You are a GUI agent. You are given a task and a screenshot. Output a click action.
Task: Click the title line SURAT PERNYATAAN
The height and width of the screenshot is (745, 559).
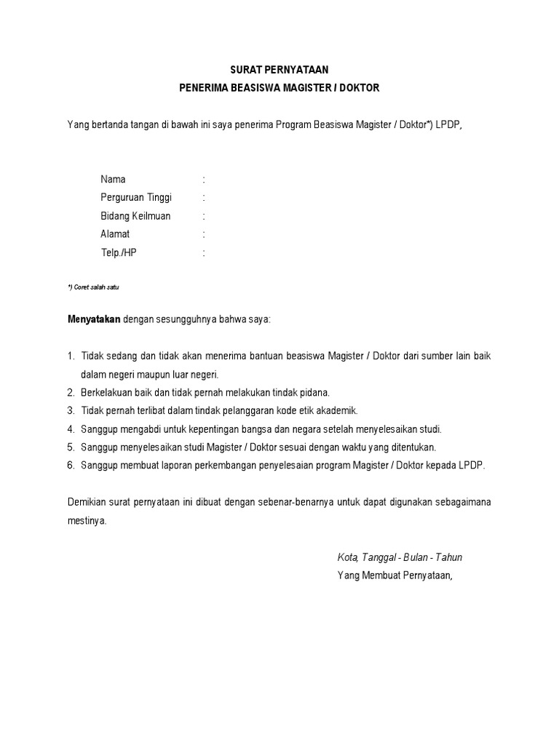[279, 71]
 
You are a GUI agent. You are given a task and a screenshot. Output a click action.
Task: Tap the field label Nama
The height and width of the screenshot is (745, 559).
[113, 179]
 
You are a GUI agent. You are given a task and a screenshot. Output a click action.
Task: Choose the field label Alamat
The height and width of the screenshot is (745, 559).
[115, 234]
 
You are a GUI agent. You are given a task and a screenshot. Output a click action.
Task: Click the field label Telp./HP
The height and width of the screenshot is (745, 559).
[118, 253]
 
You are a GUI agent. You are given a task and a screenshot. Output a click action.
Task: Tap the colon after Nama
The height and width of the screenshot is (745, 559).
[204, 179]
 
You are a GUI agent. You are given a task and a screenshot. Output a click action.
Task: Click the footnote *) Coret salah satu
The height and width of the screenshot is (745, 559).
[92, 287]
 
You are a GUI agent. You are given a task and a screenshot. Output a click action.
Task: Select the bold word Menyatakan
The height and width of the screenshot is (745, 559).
[94, 319]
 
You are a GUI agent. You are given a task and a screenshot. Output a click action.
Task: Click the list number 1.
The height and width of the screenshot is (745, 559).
[71, 356]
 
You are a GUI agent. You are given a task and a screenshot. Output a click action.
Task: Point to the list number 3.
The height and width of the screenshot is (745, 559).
[71, 410]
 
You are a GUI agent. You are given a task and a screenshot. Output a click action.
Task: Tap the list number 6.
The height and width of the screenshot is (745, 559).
[71, 466]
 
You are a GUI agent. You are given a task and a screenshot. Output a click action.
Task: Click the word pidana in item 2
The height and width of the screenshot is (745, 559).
[314, 392]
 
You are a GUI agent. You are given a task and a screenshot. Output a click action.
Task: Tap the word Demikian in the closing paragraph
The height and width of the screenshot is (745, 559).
[87, 503]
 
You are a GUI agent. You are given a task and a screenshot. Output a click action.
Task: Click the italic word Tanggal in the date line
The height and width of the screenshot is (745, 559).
[378, 557]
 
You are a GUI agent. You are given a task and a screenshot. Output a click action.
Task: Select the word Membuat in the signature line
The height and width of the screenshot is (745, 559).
[378, 575]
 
